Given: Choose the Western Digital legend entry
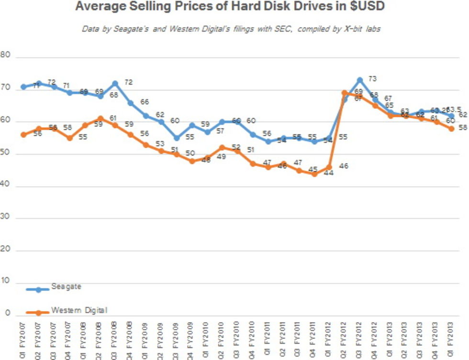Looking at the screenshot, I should [78, 311].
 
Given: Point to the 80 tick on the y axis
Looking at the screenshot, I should [6, 55].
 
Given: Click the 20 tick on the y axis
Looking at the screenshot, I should [6, 250].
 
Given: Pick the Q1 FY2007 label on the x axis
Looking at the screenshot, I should [23, 341].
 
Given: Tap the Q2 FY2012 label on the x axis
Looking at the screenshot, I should [345, 341].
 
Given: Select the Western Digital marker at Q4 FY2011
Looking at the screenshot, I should [314, 174].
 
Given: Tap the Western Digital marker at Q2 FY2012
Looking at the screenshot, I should [345, 93].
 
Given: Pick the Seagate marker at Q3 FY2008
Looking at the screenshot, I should [115, 83].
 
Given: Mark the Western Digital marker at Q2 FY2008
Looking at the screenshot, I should [100, 119].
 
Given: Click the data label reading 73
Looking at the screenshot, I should [373, 78].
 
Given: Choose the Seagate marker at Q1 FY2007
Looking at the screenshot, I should [23, 87].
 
